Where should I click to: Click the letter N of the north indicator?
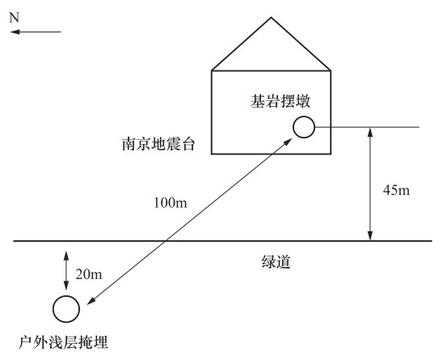[14, 18]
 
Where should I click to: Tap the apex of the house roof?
[271, 18]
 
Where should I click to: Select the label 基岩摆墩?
[280, 101]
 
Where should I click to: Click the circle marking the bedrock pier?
[304, 116]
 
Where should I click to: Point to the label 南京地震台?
[158, 144]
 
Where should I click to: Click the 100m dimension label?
[171, 203]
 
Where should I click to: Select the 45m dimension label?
[396, 190]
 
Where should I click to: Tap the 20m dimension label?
[89, 274]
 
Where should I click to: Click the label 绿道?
[276, 261]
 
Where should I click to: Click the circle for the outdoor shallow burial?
[66, 296]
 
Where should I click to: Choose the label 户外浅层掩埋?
[63, 342]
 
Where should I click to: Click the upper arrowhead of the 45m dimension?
[370, 132]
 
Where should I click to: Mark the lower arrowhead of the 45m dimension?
[370, 235]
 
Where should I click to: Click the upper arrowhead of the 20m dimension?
[66, 256]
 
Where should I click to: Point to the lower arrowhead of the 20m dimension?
[66, 286]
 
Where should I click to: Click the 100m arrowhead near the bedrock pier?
[288, 142]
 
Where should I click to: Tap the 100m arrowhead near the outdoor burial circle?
[91, 301]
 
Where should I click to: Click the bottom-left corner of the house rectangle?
[212, 154]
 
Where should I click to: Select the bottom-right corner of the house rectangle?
[331, 154]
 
